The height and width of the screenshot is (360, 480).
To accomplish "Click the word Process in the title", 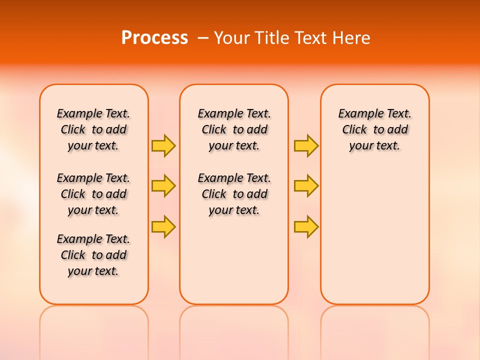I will [x=154, y=38].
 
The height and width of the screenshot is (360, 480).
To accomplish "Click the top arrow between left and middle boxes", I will [x=163, y=145].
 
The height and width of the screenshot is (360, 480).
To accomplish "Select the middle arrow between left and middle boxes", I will [x=163, y=186].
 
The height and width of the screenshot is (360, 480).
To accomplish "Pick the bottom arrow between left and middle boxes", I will [x=163, y=226].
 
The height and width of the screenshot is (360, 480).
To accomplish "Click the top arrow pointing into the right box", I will [x=306, y=145].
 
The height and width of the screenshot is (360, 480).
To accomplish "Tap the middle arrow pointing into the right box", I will [x=306, y=186].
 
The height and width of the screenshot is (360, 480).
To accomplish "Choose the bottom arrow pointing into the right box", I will [x=306, y=226].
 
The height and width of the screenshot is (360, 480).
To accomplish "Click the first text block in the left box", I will [x=93, y=129].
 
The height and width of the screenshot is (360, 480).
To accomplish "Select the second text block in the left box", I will [x=93, y=194].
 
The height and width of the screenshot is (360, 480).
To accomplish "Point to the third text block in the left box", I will [x=93, y=255].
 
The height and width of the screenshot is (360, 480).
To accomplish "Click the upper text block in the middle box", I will [x=234, y=129].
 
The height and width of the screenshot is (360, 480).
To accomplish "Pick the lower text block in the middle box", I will [x=234, y=194].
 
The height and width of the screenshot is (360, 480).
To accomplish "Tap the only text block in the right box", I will [x=374, y=129].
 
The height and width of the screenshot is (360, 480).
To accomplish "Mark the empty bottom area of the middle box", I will [x=234, y=265].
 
